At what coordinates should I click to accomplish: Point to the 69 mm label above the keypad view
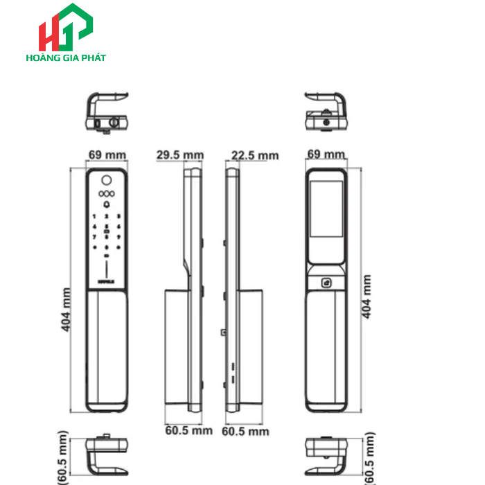click(107, 155)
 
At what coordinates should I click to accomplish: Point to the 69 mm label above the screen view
click(326, 154)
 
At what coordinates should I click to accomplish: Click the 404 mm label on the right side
click(367, 296)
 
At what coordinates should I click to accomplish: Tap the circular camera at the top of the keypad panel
click(107, 177)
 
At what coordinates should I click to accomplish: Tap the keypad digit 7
click(92, 237)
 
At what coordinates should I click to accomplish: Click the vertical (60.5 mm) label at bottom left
click(63, 457)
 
